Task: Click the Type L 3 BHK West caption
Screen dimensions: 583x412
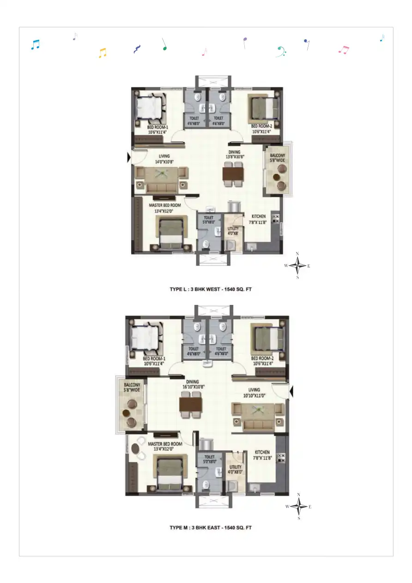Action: (x=210, y=289)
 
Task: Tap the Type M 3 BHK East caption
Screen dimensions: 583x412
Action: (x=210, y=527)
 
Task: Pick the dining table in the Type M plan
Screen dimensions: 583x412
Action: (x=191, y=405)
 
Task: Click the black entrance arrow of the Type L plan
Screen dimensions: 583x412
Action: (x=129, y=158)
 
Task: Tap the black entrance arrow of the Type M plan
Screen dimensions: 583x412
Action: (x=291, y=392)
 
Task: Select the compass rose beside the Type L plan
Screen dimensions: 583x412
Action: (x=298, y=265)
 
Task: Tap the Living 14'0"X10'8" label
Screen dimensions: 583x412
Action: (x=165, y=159)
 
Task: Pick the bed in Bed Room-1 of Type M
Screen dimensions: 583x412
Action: (x=146, y=339)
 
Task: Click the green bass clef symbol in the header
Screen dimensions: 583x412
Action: (x=280, y=51)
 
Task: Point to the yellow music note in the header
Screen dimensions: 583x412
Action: (x=103, y=53)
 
